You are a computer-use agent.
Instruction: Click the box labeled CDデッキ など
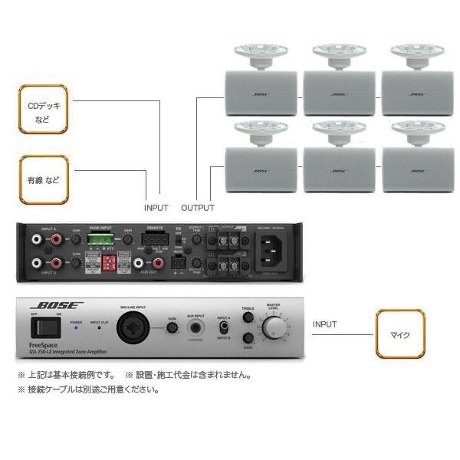43,109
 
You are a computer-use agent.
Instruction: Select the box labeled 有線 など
43,180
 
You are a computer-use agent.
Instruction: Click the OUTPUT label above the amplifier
198,208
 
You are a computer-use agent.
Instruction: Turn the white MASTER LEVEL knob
273,328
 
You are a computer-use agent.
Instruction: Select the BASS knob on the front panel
248,338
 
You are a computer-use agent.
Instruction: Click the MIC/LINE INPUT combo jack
129,330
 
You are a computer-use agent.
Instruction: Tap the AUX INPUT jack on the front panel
195,329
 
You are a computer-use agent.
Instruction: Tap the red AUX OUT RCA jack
159,264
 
